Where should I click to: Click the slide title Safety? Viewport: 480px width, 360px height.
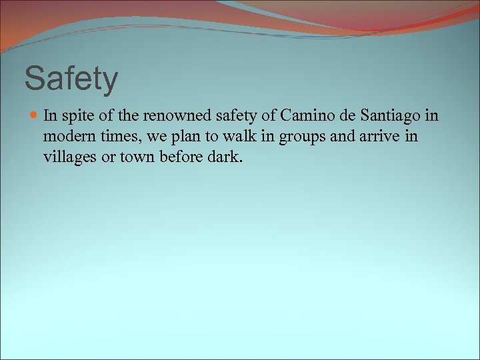pos(71,78)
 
